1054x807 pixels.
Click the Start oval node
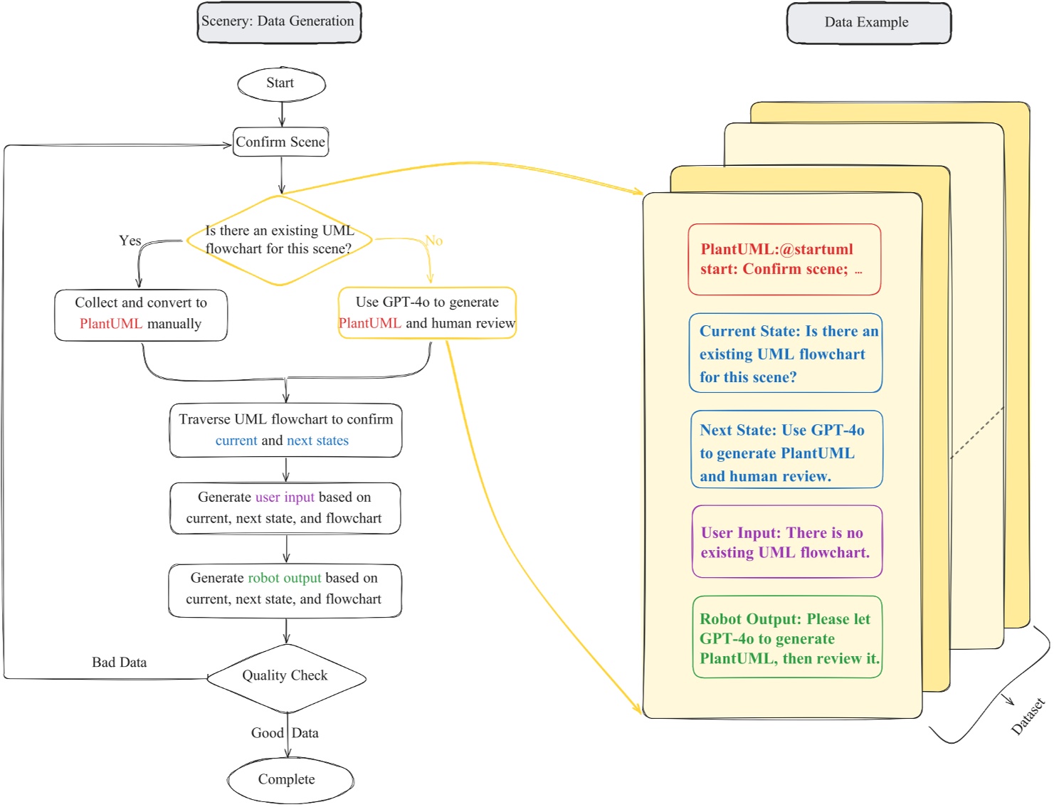(281, 84)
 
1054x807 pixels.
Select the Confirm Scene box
(280, 142)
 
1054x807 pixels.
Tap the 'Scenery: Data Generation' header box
(279, 22)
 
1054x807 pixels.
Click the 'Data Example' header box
(868, 23)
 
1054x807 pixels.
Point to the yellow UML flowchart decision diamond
(280, 241)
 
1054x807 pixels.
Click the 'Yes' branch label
(130, 241)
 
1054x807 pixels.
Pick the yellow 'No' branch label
(433, 241)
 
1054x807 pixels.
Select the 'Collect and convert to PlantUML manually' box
(141, 314)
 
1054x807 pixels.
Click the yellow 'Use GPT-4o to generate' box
(427, 313)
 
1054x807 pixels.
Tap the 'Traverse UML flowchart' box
(285, 431)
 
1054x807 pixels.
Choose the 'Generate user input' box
(285, 508)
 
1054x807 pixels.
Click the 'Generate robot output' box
(285, 589)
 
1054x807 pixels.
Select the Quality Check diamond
(285, 677)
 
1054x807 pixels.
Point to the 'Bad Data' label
(119, 663)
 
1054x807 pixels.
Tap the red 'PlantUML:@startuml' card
(784, 260)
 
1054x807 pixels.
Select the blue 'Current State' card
(785, 354)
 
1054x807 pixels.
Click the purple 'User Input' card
(786, 542)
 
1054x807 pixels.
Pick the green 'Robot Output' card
(787, 638)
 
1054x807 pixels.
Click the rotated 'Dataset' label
(1028, 716)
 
